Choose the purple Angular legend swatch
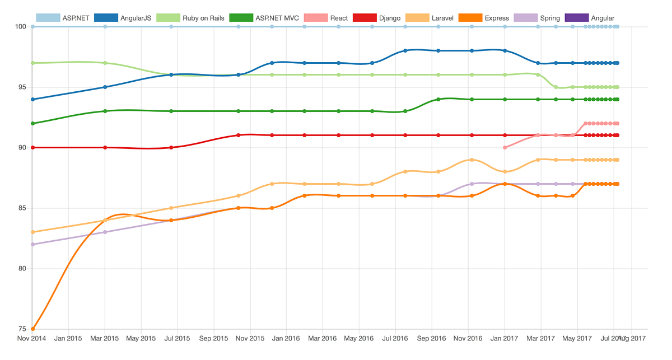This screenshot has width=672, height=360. coord(576,18)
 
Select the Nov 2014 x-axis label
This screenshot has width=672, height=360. coord(32,339)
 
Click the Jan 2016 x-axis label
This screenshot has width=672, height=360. coord(286,339)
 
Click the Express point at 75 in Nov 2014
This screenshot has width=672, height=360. coord(32,329)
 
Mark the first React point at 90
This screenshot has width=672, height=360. coord(505,147)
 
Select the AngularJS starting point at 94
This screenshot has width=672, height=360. coord(32,99)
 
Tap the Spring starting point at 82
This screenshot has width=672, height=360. coord(32,244)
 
